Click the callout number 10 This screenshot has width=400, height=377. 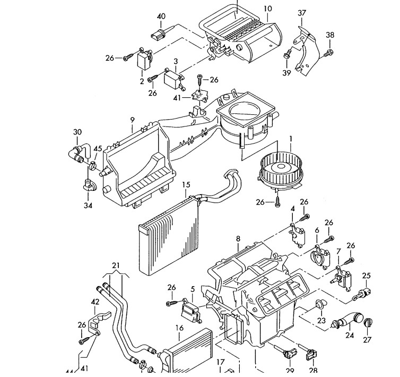tap(267, 9)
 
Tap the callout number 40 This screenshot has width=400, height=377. tap(161, 16)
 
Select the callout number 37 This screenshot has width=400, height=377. tap(302, 13)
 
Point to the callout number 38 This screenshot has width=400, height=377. tap(330, 35)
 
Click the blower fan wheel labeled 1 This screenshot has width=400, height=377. tap(281, 171)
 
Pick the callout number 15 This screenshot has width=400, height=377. tap(186, 185)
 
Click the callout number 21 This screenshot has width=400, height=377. tap(116, 265)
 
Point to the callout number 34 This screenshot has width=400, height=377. tap(88, 205)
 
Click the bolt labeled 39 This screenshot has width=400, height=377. tap(287, 54)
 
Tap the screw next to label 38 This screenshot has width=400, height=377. tap(328, 53)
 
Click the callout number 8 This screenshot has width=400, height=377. tap(238, 239)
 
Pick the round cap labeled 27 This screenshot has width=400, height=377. tap(368, 322)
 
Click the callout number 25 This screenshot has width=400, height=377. tap(366, 276)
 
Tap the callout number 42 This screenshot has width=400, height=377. tap(95, 302)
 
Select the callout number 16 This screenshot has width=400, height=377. tap(180, 328)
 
